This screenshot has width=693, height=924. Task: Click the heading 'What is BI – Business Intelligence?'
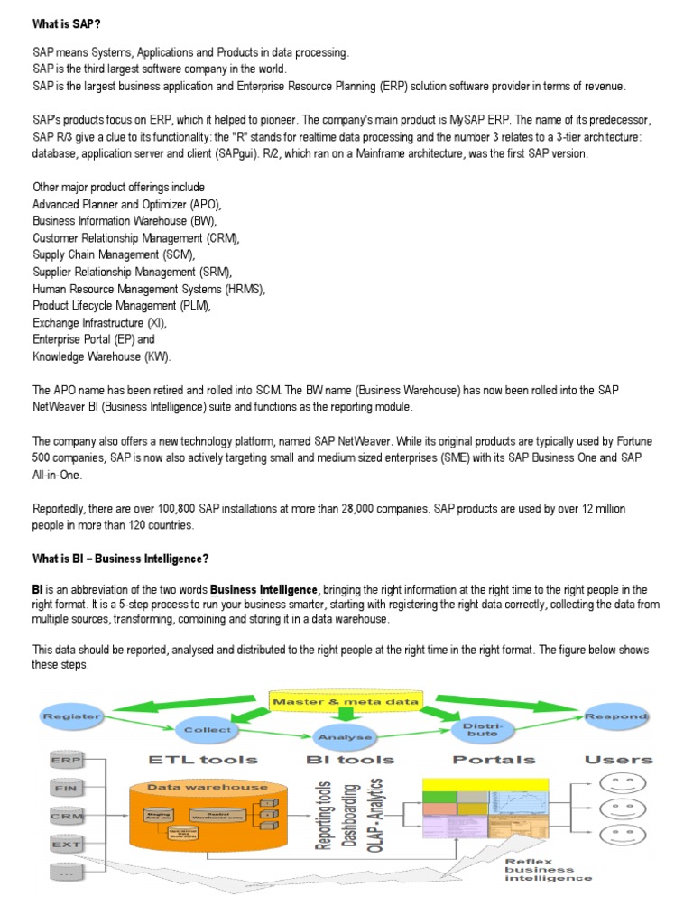120,559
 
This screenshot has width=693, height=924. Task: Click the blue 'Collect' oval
207,729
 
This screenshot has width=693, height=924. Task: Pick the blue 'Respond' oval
616,716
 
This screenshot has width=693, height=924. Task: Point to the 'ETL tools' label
203,759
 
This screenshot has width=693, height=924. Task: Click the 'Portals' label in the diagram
494,759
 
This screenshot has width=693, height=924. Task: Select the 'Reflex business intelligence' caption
548,869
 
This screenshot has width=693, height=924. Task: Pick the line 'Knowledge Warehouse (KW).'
101,356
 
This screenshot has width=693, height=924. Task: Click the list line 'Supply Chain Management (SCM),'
114,255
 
